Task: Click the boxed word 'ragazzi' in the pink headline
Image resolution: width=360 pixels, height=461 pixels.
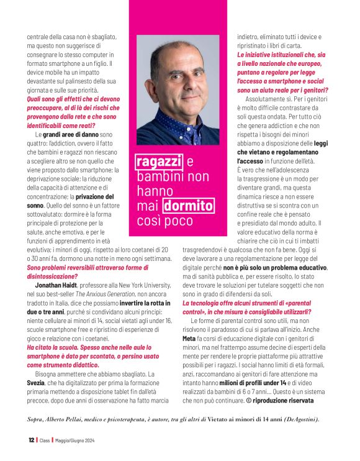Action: (158, 162)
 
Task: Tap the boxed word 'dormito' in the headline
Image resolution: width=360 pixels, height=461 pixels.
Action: (188, 206)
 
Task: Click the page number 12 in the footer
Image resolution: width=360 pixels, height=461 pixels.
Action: (31, 440)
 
